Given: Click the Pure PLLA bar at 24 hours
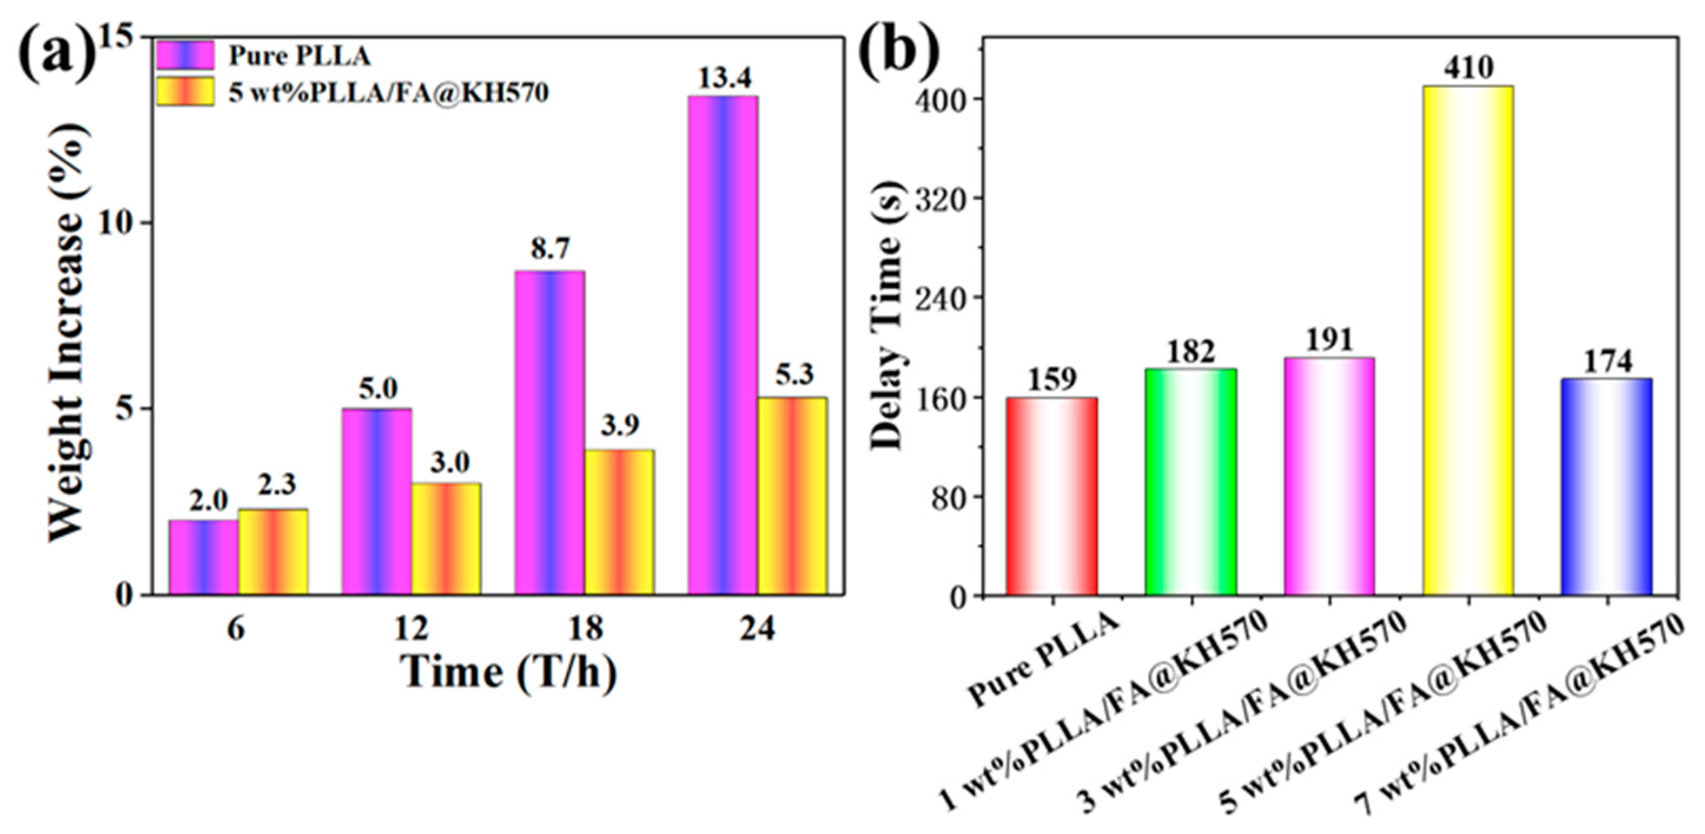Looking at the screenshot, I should (x=723, y=344).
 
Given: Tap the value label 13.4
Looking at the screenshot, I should (x=724, y=79).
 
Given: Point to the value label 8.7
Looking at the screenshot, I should (x=550, y=251).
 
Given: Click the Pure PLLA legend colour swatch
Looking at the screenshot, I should (x=186, y=55).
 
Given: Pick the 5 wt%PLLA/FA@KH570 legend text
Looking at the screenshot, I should (x=389, y=92).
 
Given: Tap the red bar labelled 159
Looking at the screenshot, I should (x=1052, y=497).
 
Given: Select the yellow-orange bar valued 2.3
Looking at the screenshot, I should (x=273, y=551).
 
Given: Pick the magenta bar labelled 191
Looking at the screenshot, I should (x=1329, y=476).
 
